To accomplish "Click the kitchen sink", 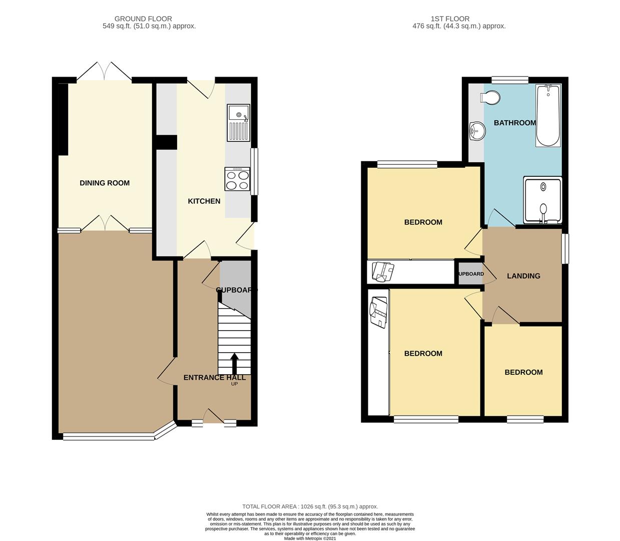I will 238,123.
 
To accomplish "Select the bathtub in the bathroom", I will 548,116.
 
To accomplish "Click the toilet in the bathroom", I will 490,97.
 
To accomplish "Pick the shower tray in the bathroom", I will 542,200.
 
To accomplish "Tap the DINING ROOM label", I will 105,183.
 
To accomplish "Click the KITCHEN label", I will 204,201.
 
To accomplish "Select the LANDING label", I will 523,276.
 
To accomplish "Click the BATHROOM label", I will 515,123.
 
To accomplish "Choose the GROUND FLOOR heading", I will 143,19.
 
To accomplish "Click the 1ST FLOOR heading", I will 450,19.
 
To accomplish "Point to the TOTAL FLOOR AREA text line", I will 310,506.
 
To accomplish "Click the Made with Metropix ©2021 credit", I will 310,538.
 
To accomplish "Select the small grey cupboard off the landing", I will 470,274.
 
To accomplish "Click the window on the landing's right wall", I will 565,248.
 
